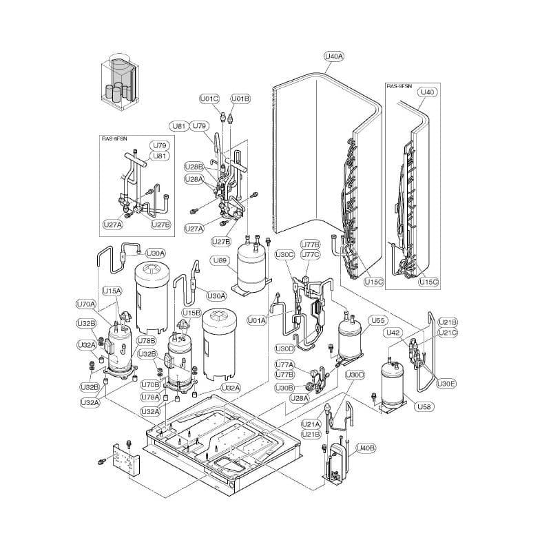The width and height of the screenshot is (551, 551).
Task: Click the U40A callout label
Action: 333,56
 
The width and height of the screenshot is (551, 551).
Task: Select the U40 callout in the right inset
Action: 428,92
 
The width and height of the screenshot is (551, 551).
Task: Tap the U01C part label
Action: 209,99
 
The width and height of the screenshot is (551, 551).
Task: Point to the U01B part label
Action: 240,99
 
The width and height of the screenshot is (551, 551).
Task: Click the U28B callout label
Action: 194,167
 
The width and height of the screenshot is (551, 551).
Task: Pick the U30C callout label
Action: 284,254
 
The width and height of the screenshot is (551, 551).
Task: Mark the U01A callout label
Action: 257,320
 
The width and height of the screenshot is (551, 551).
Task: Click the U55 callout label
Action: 377,320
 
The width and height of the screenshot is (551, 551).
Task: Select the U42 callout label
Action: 393,333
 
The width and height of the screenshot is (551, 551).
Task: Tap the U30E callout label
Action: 446,383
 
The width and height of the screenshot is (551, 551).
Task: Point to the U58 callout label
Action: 424,407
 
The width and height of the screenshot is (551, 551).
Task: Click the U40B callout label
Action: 366,448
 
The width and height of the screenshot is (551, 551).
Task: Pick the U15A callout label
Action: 112,291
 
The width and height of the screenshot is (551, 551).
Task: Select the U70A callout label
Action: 86,304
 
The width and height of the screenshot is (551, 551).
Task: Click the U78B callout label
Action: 146,340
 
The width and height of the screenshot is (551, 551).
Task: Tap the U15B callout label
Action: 191,313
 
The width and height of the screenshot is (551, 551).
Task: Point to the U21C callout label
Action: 448,333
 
